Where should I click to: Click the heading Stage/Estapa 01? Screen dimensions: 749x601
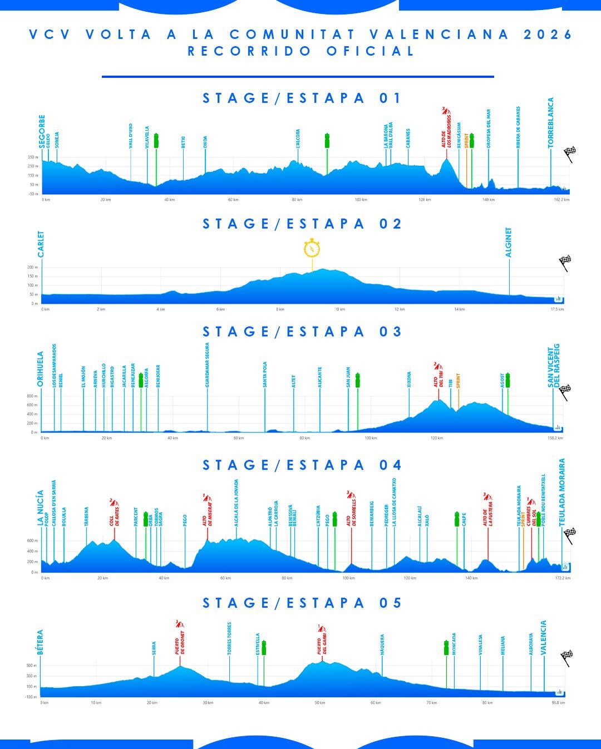click(301, 98)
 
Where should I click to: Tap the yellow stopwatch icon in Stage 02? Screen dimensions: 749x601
click(312, 248)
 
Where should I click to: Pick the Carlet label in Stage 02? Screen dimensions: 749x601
click(41, 244)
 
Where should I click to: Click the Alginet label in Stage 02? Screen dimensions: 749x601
click(509, 242)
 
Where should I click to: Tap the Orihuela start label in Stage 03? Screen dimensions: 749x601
click(41, 369)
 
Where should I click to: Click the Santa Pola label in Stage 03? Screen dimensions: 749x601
click(265, 374)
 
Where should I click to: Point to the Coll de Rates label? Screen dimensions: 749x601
click(114, 516)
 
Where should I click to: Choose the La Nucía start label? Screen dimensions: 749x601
click(41, 508)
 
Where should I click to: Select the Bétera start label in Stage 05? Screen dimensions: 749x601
click(40, 642)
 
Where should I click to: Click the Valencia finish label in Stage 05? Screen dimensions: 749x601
click(544, 638)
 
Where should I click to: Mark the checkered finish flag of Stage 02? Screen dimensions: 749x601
click(565, 262)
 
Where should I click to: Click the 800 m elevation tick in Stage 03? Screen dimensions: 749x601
click(31, 396)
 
